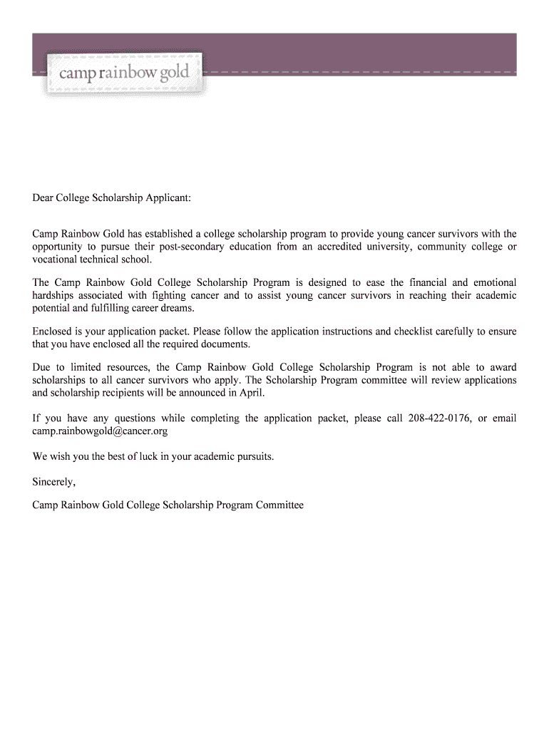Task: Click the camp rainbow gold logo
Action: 124,73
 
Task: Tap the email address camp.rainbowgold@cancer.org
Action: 100,431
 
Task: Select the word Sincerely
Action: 53,482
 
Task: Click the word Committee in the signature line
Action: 281,505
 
